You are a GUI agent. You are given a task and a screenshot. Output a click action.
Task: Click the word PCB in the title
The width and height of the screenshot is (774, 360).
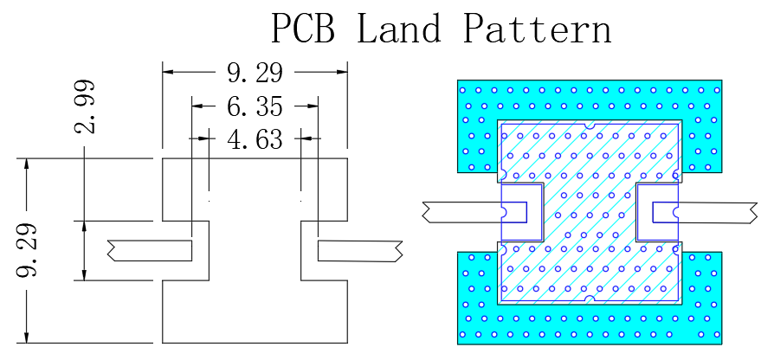303,28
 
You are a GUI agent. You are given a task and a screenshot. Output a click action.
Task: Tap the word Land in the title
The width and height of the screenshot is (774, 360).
399,28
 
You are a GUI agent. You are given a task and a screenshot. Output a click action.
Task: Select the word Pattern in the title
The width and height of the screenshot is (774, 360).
538,28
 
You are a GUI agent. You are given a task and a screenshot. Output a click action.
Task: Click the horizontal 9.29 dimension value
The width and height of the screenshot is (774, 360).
255,73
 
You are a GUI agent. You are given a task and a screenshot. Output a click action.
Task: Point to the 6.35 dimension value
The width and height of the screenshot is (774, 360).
255,106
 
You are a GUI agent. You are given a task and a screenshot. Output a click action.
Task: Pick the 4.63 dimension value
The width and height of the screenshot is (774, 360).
255,139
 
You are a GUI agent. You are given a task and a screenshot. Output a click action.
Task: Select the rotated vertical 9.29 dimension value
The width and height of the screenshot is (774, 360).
26,250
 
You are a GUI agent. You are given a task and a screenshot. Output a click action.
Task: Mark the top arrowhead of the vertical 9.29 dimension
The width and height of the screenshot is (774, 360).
27,164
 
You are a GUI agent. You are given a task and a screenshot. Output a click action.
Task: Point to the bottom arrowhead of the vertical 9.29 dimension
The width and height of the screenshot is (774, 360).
27,337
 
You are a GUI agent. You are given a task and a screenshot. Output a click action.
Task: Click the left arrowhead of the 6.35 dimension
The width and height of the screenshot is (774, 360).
197,106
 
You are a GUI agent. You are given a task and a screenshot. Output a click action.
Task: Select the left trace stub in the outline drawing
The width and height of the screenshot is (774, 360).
150,250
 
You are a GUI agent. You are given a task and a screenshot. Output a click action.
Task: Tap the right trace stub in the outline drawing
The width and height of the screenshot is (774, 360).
360,251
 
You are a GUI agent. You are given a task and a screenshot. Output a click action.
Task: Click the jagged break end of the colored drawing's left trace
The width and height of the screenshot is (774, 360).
427,211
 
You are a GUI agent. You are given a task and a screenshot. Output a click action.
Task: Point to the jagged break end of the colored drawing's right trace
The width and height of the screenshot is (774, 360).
753,213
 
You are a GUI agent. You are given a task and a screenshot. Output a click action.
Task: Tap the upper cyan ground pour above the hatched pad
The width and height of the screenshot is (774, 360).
590,100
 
